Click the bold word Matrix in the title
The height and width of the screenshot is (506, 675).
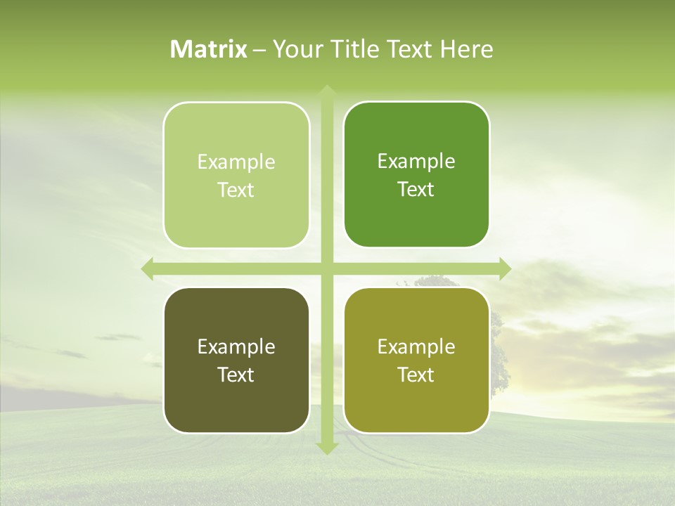tap(209, 49)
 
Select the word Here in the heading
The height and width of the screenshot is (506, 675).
tap(466, 49)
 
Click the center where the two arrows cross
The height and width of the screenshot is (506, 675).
tap(326, 269)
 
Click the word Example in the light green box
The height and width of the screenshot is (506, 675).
tap(236, 162)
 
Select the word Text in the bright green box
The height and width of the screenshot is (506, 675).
tap(416, 190)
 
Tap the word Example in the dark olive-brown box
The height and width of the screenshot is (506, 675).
tap(236, 347)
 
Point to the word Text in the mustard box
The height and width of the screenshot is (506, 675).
tap(416, 375)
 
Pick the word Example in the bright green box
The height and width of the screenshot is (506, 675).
tap(416, 162)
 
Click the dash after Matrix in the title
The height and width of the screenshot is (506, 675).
tap(259, 50)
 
